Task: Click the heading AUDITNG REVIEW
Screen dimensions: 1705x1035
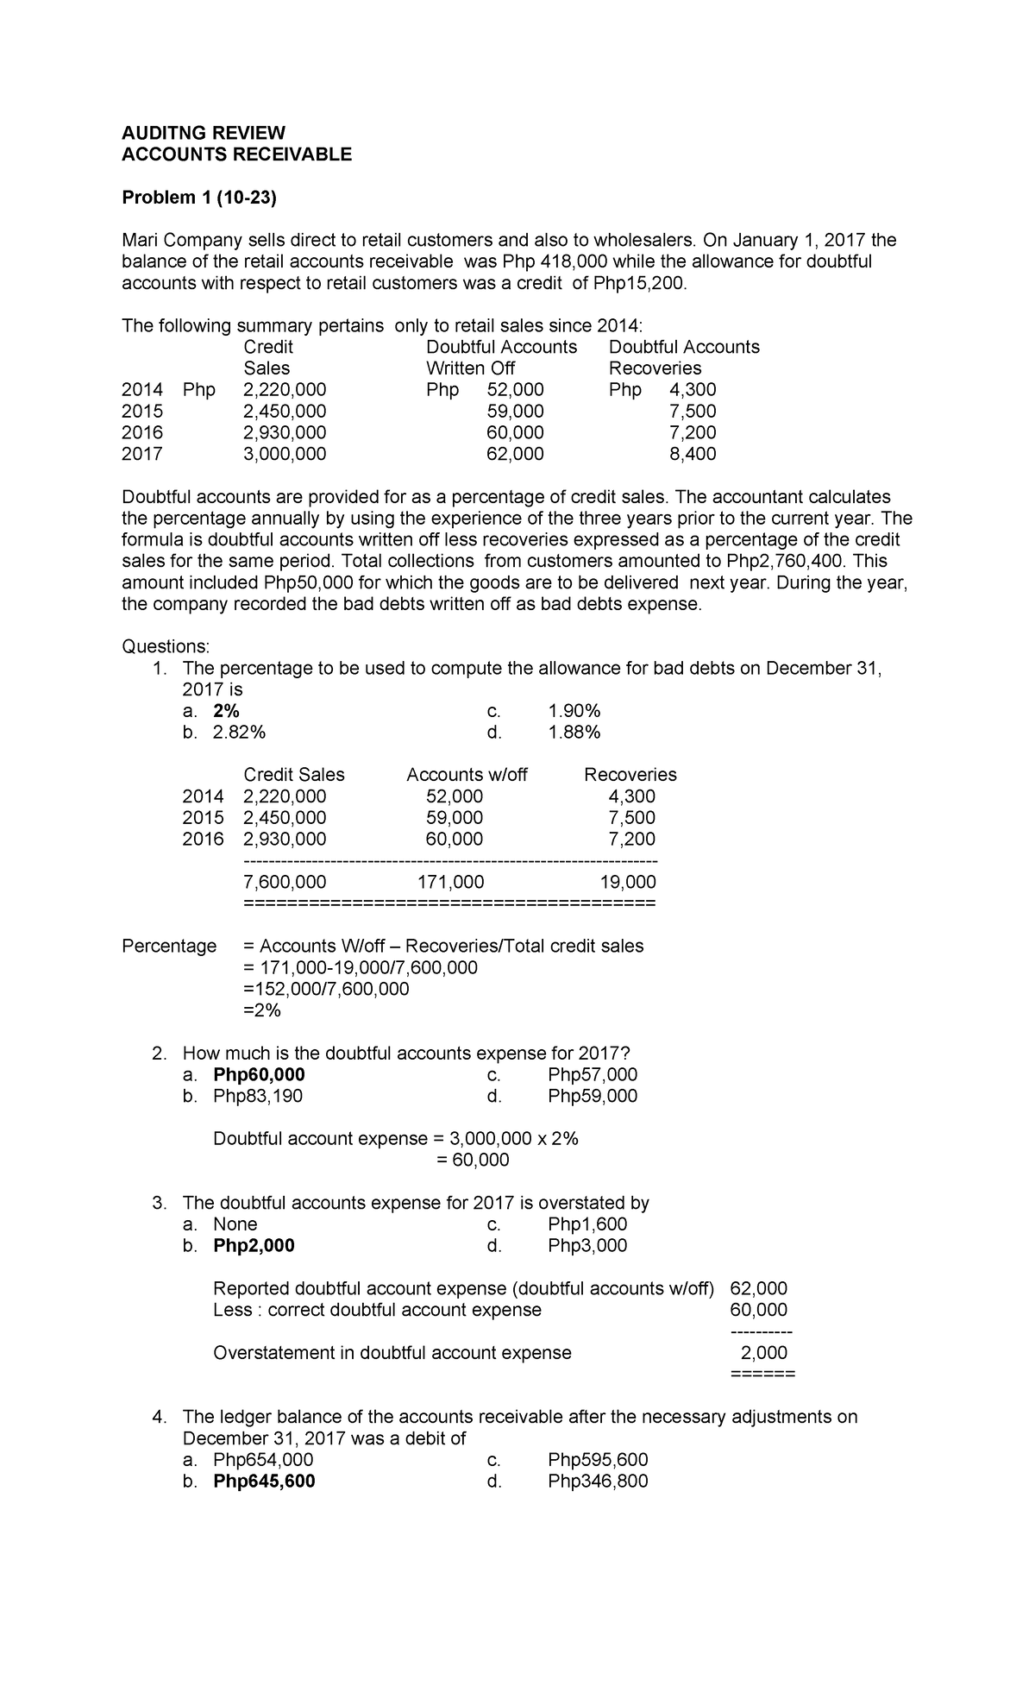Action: click(x=203, y=133)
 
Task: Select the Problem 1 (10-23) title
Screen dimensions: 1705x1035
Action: click(x=198, y=198)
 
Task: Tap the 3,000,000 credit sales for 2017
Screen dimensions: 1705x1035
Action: click(x=285, y=454)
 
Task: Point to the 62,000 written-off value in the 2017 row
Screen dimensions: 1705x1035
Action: click(x=515, y=454)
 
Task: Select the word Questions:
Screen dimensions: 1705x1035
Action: click(x=166, y=646)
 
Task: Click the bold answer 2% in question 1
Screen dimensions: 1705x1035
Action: click(x=226, y=711)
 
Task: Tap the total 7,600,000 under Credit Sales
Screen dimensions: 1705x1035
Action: click(x=285, y=882)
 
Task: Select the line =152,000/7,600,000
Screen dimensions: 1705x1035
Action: click(x=326, y=989)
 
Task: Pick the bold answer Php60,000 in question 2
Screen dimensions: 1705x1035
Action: click(x=259, y=1074)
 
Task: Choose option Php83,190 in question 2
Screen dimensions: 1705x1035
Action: click(x=258, y=1096)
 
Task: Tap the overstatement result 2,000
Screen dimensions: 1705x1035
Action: click(x=764, y=1353)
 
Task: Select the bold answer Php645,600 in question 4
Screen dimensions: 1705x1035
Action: click(x=264, y=1482)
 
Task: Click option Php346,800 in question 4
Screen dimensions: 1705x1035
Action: click(x=598, y=1482)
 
